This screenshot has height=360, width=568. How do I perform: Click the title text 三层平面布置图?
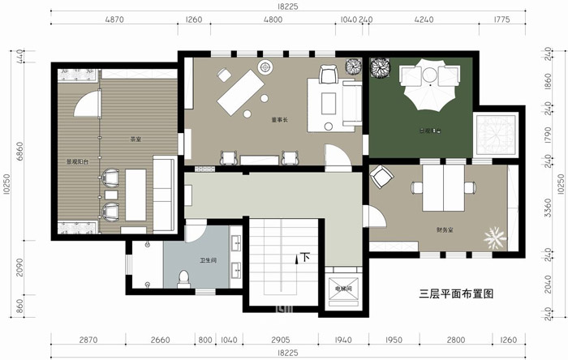tap(456, 294)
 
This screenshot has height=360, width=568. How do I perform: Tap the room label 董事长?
tap(280, 121)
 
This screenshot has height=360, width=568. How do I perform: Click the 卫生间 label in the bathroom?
tap(208, 260)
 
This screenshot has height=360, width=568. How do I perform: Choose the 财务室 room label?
tap(445, 230)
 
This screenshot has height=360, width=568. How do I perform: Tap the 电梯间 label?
tap(342, 287)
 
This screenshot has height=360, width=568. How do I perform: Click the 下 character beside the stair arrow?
tap(306, 258)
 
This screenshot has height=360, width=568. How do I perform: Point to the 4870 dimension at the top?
tap(114, 19)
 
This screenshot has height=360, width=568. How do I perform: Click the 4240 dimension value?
tap(423, 19)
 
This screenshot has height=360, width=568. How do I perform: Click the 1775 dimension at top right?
tap(501, 19)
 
